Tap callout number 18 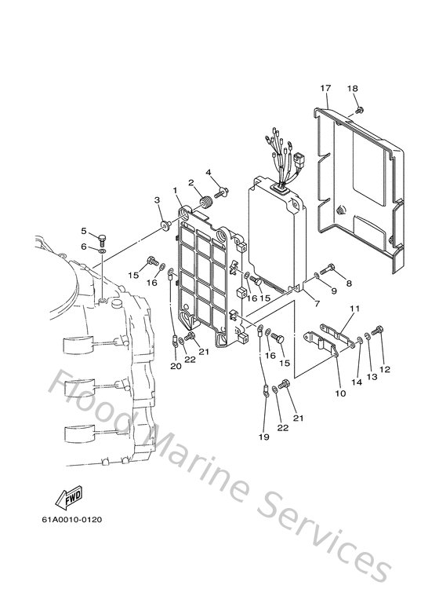[352, 89]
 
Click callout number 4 [209, 172]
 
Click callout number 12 [384, 369]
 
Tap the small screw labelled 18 [357, 109]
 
